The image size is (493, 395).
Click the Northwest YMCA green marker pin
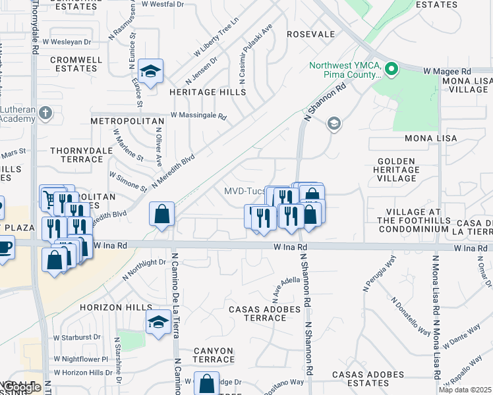coord(391,68)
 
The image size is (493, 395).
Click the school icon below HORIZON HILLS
coord(158,323)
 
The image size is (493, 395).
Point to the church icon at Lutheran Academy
coord(45,113)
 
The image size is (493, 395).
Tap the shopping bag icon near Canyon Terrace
coord(207,383)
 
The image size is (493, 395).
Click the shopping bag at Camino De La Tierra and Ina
coord(162,214)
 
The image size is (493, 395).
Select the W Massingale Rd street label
coord(198,115)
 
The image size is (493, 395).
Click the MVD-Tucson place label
coord(245,191)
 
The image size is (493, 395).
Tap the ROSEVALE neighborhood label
coord(311,34)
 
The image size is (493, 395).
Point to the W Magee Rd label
coord(447,70)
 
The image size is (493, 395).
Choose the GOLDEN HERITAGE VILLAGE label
coord(397,169)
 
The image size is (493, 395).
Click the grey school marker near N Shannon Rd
coord(334,124)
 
